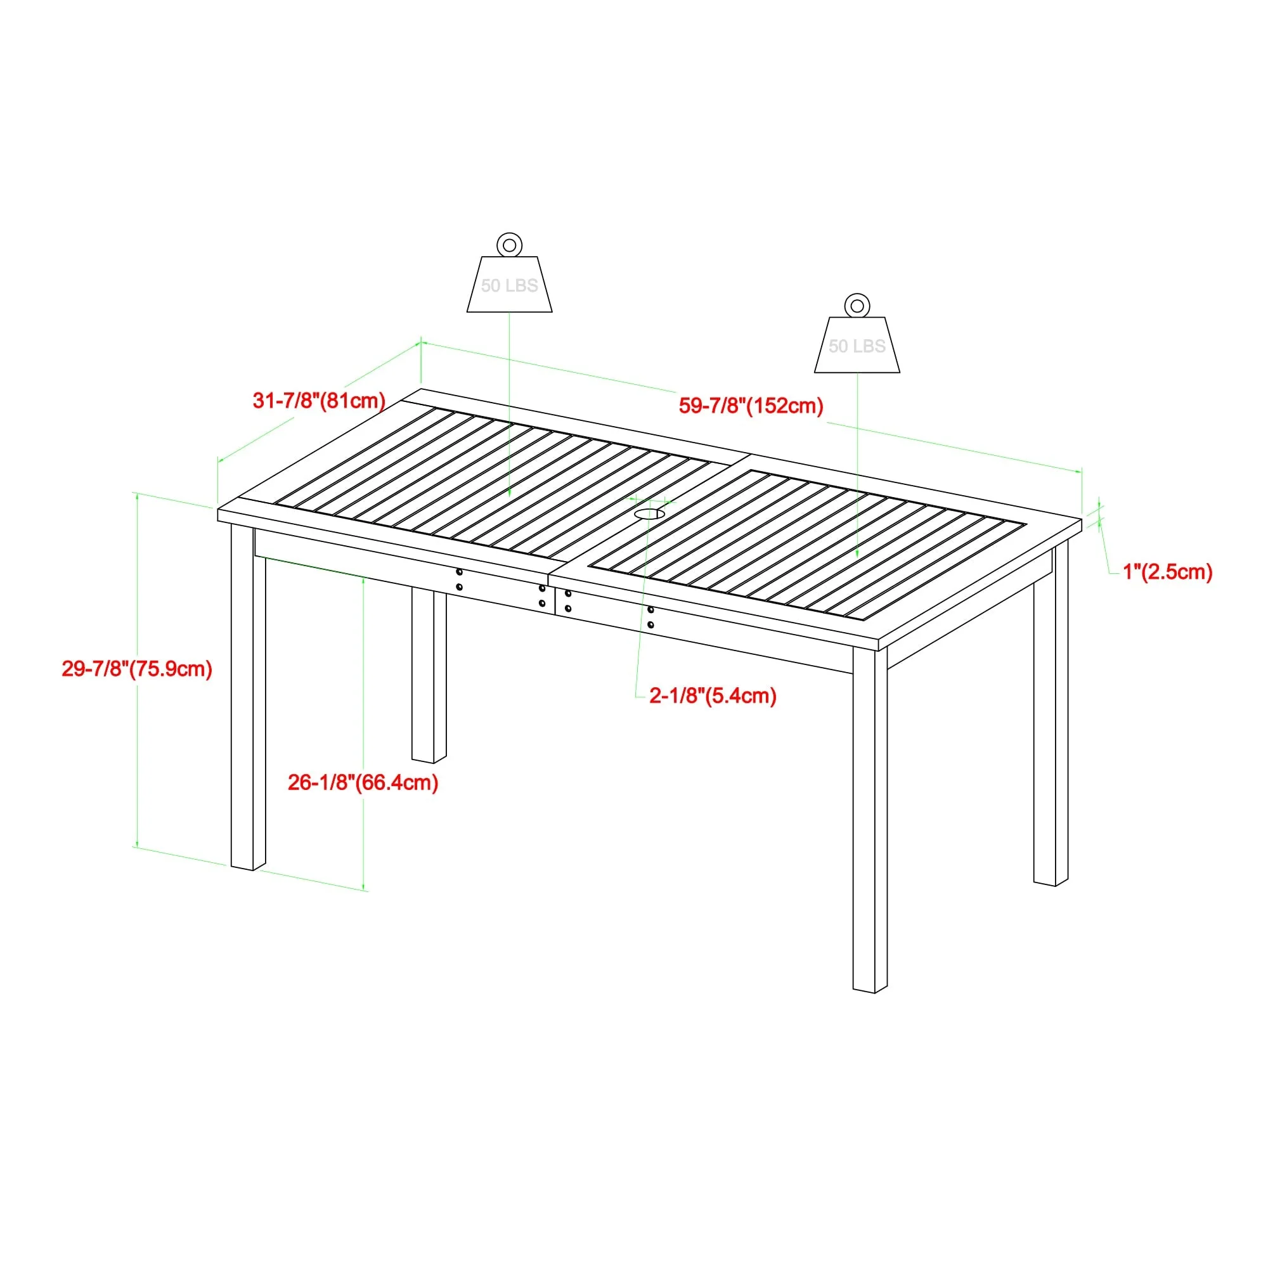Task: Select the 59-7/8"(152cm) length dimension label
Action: pos(751,406)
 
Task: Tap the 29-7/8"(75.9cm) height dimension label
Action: pos(137,669)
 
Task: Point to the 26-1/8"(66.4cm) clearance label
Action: pos(363,782)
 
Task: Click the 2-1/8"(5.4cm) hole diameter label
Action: pos(713,695)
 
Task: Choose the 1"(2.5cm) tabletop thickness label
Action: pos(1168,572)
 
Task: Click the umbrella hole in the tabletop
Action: pos(648,514)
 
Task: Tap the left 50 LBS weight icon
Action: pos(509,285)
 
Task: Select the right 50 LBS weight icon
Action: pos(857,346)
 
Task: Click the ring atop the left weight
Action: pos(509,245)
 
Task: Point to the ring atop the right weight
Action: pos(857,306)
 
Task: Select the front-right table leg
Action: pos(870,820)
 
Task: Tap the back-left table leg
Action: pos(429,676)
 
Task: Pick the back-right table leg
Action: pos(1051,715)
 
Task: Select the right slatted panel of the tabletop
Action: pos(807,545)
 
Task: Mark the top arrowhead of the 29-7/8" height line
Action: pos(137,497)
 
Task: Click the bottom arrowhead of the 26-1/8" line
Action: pos(363,887)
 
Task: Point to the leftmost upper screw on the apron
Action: pos(459,573)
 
